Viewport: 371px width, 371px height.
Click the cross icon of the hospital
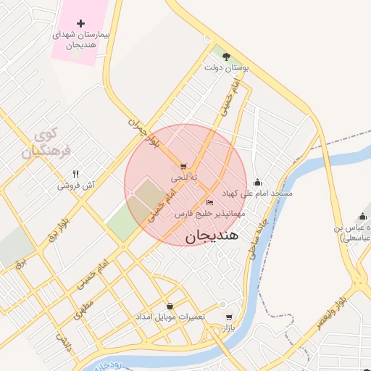[x=80, y=23]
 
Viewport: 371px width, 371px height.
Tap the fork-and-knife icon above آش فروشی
[x=75, y=174]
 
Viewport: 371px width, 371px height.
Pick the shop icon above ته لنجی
[x=183, y=166]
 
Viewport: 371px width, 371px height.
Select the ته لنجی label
[x=184, y=178]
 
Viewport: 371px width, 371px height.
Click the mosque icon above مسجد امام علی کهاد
[x=258, y=182]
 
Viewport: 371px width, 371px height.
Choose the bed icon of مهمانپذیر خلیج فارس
[x=209, y=202]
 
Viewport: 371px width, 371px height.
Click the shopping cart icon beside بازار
[x=229, y=317]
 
